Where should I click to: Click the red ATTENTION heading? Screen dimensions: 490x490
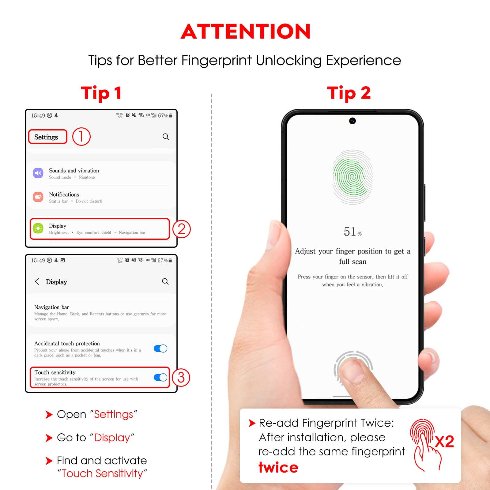[246, 32]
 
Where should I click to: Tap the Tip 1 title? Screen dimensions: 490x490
[101, 93]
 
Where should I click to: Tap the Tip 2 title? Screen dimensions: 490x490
[349, 93]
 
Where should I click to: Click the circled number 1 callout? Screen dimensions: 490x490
[81, 137]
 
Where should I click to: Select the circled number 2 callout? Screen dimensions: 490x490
[182, 229]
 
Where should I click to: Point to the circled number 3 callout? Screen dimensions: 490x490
[181, 377]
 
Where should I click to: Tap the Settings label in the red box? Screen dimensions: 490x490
[46, 137]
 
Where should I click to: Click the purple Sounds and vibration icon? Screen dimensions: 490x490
[38, 173]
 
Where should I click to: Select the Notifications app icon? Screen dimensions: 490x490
[38, 197]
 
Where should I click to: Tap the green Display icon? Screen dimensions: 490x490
[38, 228]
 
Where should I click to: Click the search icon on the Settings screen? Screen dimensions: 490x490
[166, 137]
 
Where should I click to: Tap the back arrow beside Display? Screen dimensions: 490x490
[37, 281]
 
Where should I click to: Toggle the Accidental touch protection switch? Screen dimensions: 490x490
[160, 349]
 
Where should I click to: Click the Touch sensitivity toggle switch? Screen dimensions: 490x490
[160, 377]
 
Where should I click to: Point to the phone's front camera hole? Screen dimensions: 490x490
[352, 121]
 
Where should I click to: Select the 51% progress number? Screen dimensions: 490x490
[352, 232]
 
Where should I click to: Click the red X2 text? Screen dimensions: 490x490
[444, 442]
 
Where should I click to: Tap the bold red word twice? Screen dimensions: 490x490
[278, 467]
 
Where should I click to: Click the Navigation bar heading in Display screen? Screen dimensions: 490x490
[52, 307]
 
